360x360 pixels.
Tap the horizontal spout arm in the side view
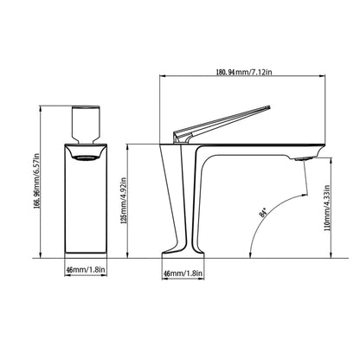pyautogui.click(x=260, y=145)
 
